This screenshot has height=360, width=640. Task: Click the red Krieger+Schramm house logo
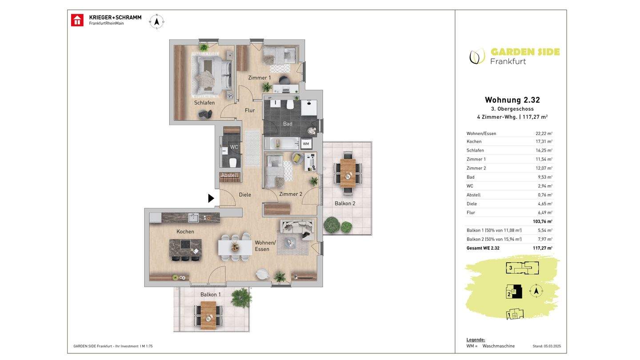tap(77, 20)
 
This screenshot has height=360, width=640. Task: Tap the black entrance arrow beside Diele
tap(211, 198)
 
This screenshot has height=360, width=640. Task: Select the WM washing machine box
tap(306, 144)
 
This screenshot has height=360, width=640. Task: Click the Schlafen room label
tap(204, 103)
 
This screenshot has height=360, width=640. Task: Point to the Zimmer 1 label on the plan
tap(259, 78)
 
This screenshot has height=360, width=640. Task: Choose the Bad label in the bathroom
tap(288, 124)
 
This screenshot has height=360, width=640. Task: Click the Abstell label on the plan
tap(229, 175)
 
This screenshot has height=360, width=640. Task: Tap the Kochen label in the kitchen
tap(185, 232)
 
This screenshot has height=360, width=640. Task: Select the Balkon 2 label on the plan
tap(345, 204)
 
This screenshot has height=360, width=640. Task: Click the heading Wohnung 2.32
tap(512, 100)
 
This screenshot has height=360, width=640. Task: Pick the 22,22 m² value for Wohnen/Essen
tap(544, 133)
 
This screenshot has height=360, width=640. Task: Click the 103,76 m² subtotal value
tap(543, 221)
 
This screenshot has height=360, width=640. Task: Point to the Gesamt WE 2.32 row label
tap(483, 248)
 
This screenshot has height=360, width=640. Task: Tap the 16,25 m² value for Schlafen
tap(544, 150)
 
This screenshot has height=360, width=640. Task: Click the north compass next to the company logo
tap(156, 21)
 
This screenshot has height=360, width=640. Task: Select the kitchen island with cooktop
tap(185, 248)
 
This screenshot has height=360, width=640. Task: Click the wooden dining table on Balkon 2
tap(348, 173)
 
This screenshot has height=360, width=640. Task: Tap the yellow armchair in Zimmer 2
tap(298, 158)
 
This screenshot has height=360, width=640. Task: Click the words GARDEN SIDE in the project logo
tap(525, 52)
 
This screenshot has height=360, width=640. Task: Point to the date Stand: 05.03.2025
tap(547, 346)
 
